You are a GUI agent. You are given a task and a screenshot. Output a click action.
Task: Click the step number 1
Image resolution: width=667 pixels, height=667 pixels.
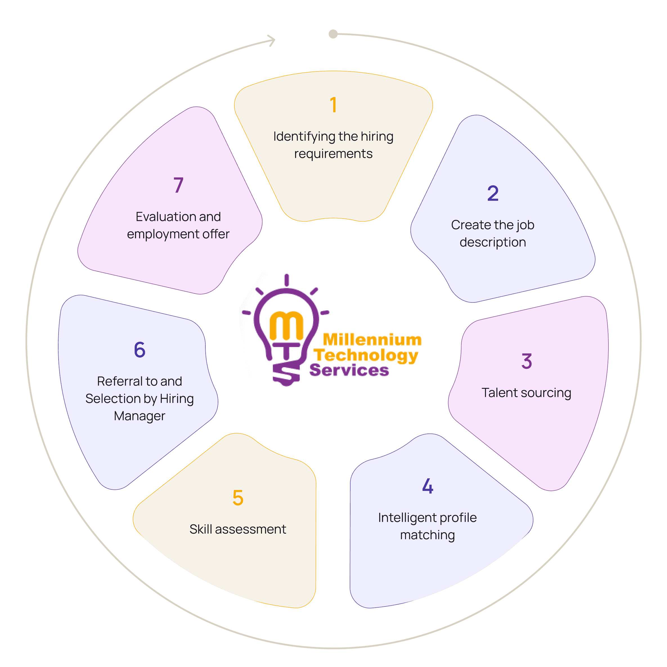(x=333, y=105)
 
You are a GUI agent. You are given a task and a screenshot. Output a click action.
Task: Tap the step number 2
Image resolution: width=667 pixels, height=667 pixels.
(x=493, y=193)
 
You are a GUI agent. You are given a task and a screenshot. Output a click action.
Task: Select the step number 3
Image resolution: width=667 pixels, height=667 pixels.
(x=527, y=361)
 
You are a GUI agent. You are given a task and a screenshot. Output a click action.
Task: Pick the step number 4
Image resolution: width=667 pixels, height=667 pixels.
(x=427, y=486)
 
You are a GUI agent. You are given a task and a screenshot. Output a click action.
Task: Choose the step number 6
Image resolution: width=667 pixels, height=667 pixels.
(x=140, y=350)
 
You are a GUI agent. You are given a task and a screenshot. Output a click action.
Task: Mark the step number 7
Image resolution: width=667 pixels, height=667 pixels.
(x=178, y=185)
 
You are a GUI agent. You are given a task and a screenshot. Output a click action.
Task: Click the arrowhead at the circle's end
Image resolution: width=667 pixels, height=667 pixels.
(x=272, y=41)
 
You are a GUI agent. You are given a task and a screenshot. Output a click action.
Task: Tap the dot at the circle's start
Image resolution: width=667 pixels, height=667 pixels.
(x=333, y=34)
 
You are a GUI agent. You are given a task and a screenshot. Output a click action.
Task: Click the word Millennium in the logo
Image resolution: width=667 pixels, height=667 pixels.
(x=372, y=340)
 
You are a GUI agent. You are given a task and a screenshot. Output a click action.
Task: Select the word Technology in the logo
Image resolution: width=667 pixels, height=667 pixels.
(x=366, y=355)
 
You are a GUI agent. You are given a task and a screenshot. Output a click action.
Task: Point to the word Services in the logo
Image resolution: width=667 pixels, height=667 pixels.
(x=349, y=370)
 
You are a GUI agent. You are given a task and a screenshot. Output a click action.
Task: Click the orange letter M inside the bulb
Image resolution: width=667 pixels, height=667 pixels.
(x=286, y=325)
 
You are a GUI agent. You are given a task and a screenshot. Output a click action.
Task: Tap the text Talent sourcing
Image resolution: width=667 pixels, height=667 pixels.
(x=526, y=393)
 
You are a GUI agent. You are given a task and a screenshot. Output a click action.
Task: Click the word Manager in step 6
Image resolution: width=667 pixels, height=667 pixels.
(x=140, y=416)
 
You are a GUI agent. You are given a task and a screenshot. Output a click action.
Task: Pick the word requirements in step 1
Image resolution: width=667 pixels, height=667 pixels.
(x=333, y=154)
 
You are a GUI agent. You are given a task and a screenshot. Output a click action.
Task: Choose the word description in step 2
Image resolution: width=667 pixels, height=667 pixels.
(x=493, y=242)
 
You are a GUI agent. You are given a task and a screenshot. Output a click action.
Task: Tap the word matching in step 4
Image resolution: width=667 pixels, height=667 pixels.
(x=427, y=535)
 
